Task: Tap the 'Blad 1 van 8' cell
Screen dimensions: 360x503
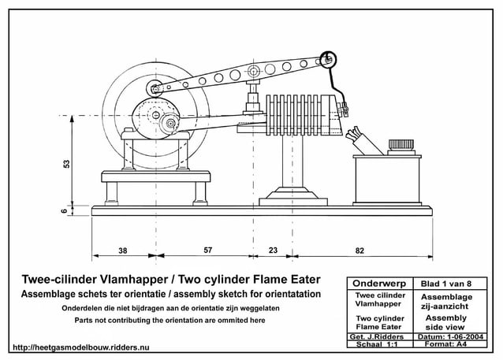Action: click(447, 282)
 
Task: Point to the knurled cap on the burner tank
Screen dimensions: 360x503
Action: click(396, 147)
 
